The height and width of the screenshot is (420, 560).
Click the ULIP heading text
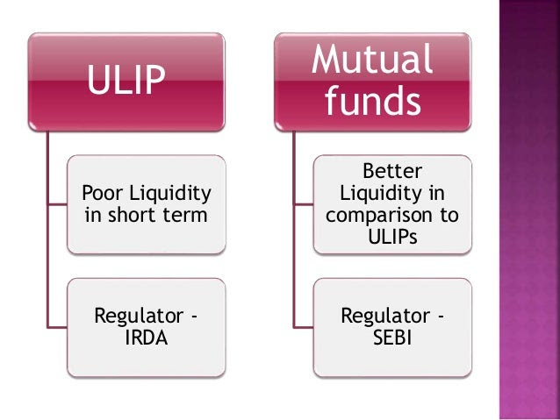point(126,79)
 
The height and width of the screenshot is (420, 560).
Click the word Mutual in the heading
point(372,59)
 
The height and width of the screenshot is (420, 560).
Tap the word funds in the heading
point(372,100)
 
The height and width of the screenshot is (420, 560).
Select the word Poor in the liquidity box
point(104,193)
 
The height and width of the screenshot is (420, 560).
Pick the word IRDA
point(147,338)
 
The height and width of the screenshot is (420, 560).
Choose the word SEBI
point(392,338)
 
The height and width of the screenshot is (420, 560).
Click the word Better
point(392,171)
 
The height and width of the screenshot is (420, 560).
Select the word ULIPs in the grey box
point(392,237)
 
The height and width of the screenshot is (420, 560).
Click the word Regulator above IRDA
point(140,317)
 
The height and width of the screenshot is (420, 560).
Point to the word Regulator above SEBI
point(385,317)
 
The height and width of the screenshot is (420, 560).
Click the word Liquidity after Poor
point(170,194)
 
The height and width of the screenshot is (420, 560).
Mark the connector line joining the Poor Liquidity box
point(57,205)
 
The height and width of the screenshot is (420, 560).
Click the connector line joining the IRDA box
point(57,327)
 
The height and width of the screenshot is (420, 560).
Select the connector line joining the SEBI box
point(304,327)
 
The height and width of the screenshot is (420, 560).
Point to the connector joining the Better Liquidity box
point(304,205)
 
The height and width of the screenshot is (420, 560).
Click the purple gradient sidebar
point(529,210)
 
